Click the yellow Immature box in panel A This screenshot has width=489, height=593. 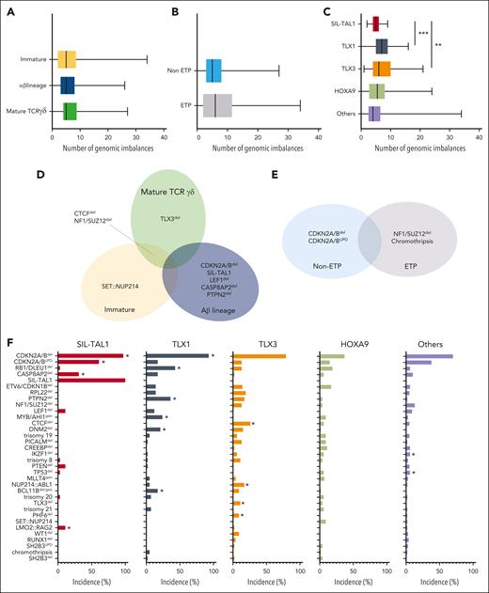pyautogui.click(x=67, y=59)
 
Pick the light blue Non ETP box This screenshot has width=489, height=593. pyautogui.click(x=213, y=70)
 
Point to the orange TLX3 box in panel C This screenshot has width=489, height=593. pyautogui.click(x=381, y=69)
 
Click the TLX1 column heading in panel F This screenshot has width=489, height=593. pyautogui.click(x=179, y=342)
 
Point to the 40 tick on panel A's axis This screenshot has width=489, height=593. pyautogui.click(x=163, y=137)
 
